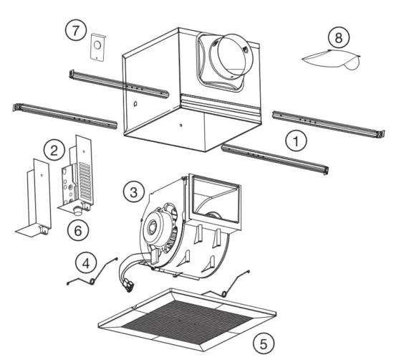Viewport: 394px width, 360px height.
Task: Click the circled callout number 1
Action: [294, 140]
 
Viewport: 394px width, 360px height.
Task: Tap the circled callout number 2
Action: [52, 150]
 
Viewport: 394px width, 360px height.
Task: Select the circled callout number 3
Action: [132, 191]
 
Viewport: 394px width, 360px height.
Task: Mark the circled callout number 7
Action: [75, 30]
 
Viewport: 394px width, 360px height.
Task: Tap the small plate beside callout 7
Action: [96, 48]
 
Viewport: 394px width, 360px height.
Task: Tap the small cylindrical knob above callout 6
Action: [73, 211]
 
